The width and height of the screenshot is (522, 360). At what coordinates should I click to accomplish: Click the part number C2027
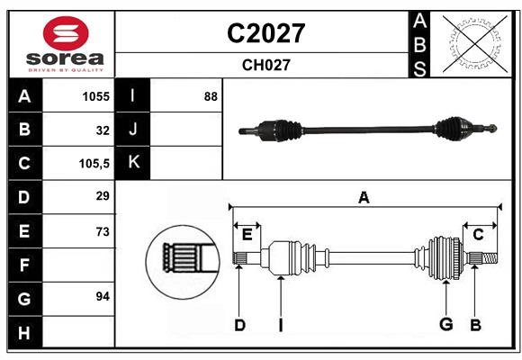click(x=265, y=33)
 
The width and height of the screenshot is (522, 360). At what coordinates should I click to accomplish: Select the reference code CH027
click(x=265, y=65)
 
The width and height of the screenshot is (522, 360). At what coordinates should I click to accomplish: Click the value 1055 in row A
click(x=95, y=96)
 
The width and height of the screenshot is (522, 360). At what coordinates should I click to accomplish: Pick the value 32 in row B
click(x=103, y=130)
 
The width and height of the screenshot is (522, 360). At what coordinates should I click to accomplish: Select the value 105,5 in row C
click(x=94, y=163)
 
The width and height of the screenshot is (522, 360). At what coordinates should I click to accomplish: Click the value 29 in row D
click(x=103, y=196)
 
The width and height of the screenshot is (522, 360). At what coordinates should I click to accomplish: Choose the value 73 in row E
click(x=103, y=231)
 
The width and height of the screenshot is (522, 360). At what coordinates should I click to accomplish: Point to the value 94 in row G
click(x=103, y=296)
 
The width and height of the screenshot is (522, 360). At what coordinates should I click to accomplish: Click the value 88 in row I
click(x=211, y=96)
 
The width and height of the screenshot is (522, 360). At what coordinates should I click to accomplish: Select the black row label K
click(x=134, y=163)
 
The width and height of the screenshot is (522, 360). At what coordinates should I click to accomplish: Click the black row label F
click(x=24, y=265)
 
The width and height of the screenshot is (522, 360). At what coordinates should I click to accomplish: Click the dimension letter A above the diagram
click(x=364, y=197)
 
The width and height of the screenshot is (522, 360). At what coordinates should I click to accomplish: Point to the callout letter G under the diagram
click(x=445, y=325)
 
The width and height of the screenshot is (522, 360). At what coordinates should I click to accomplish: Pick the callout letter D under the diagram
click(x=239, y=325)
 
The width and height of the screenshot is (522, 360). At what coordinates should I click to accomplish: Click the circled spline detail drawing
click(x=184, y=257)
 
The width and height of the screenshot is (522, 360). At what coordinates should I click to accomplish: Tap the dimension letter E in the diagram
click(x=247, y=235)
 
